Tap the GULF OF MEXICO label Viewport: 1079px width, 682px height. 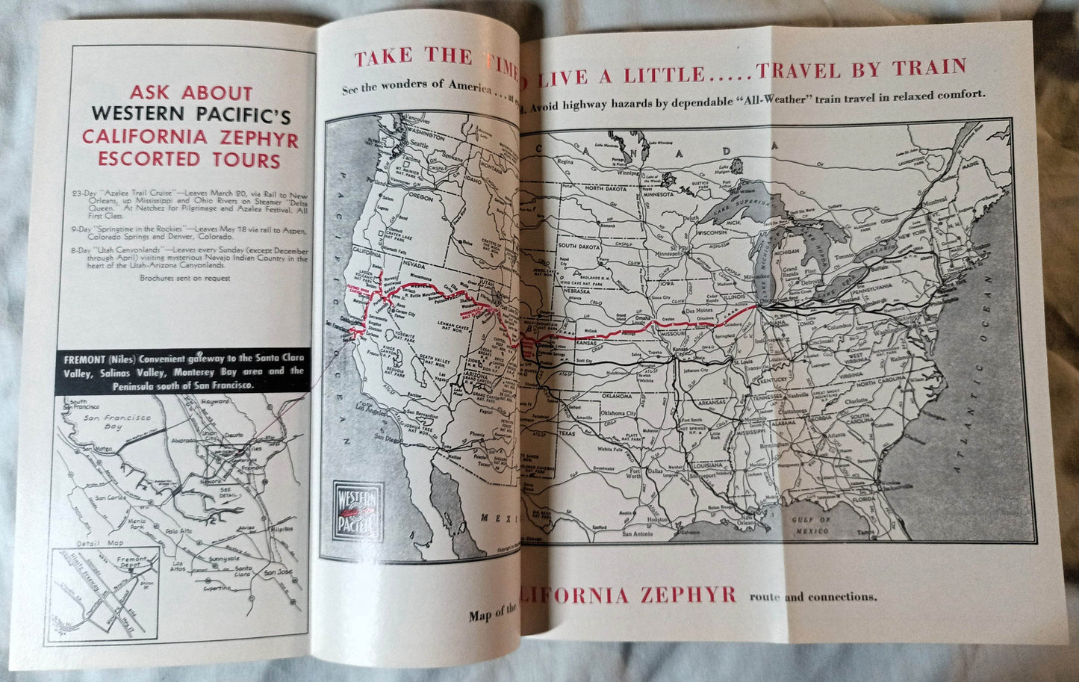click(815, 524)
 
